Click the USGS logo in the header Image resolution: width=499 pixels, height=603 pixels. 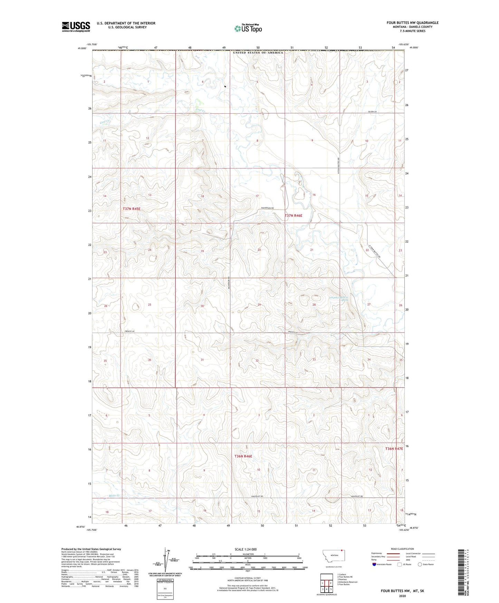pyautogui.click(x=76, y=27)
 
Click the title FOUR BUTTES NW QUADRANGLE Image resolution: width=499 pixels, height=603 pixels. pyautogui.click(x=412, y=23)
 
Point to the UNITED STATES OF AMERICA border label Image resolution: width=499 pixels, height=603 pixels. pyautogui.click(x=258, y=53)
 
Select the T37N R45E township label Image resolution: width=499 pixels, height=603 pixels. pyautogui.click(x=132, y=209)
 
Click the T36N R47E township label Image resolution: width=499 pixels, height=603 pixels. pyautogui.click(x=394, y=449)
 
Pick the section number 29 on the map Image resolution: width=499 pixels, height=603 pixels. pyautogui.click(x=259, y=305)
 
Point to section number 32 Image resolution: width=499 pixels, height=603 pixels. pyautogui.click(x=257, y=361)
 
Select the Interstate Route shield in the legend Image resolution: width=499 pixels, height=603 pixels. pyautogui.click(x=375, y=564)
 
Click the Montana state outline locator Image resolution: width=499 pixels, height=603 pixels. pyautogui.click(x=333, y=556)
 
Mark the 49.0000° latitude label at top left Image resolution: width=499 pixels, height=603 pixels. pyautogui.click(x=82, y=49)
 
